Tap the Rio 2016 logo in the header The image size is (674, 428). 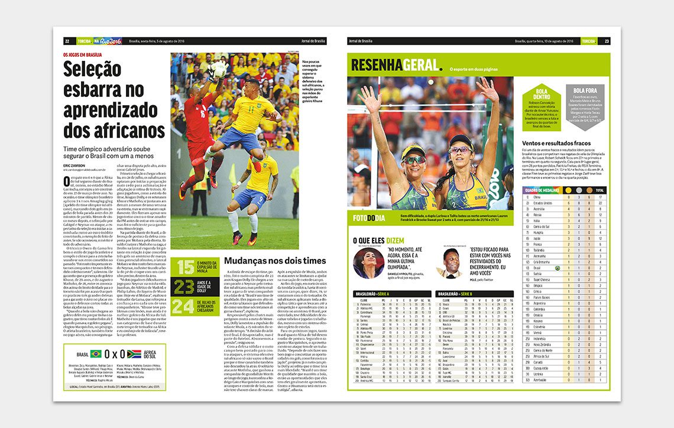point(111,41)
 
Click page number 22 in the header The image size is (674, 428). point(67,41)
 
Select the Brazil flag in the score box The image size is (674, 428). point(96,354)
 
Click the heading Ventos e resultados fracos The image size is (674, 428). point(556,143)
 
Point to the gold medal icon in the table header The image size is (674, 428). point(569,190)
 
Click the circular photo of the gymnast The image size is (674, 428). point(368,262)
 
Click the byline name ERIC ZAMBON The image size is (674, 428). point(74,166)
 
